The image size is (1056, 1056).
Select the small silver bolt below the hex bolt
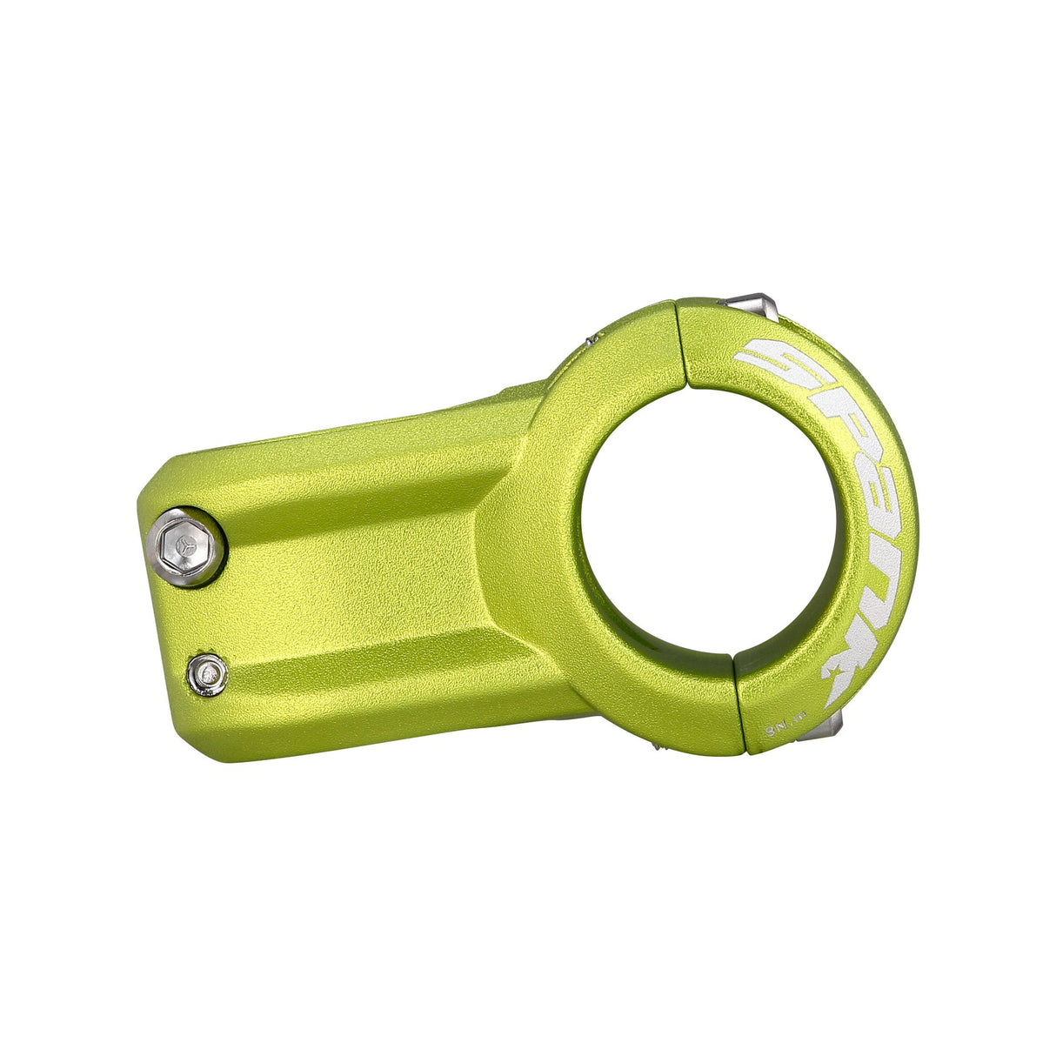(x=207, y=674)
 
